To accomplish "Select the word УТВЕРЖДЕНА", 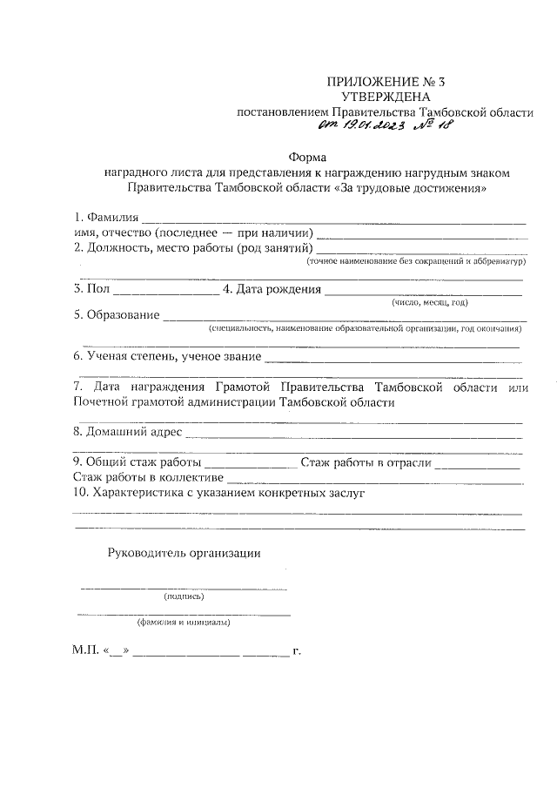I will [x=386, y=98].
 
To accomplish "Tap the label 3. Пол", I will [x=91, y=289].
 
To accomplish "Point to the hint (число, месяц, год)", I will [x=430, y=302].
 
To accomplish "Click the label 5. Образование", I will [x=117, y=315].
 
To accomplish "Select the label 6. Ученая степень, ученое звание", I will [x=167, y=356].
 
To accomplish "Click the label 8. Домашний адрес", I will [x=128, y=431].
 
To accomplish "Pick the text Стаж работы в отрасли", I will [x=366, y=461].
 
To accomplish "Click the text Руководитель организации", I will [x=184, y=552].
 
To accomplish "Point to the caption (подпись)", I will [x=184, y=597].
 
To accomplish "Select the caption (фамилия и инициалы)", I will [x=184, y=623].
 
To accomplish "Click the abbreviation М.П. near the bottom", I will [x=87, y=650].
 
